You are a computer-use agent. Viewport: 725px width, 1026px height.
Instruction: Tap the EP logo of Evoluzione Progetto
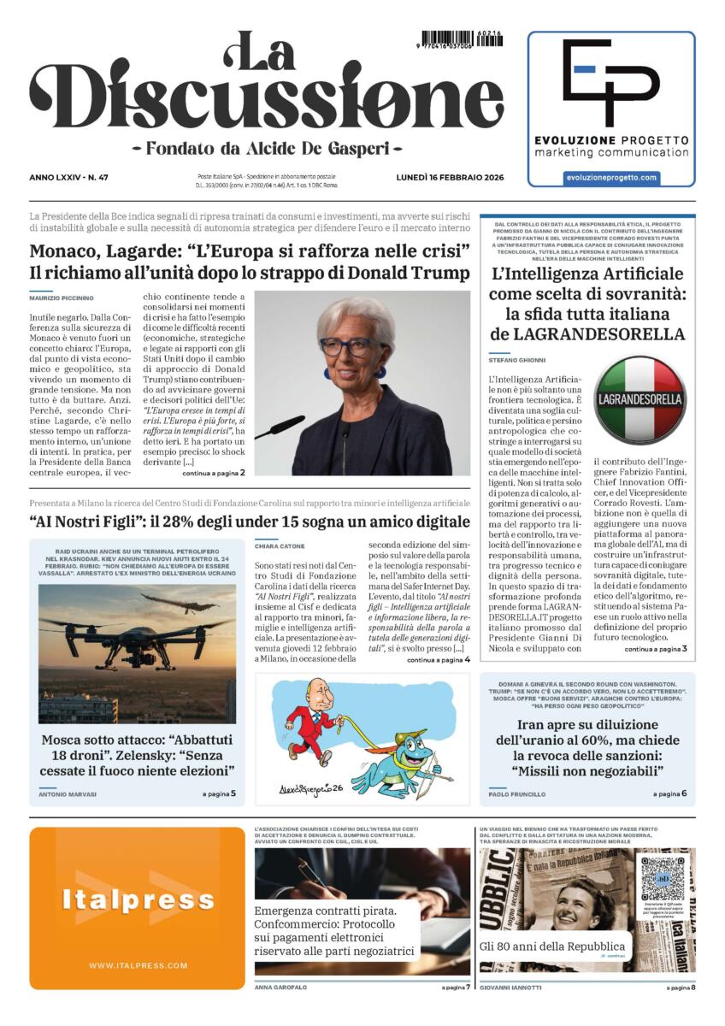click(610, 82)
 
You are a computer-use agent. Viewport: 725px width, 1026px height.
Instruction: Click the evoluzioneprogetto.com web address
click(611, 177)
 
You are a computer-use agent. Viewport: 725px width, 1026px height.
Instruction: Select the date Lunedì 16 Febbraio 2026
click(451, 177)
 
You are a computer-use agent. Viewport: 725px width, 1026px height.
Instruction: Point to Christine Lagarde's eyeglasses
click(353, 346)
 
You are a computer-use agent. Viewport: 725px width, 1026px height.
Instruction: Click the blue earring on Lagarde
click(327, 373)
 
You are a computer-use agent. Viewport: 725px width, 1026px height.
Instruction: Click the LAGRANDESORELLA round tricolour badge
click(640, 399)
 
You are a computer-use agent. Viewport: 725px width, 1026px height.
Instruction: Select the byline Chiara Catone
click(280, 545)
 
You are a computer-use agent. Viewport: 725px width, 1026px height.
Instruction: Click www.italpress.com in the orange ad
click(138, 965)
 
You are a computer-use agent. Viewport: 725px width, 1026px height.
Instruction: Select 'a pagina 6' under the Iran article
click(669, 794)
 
